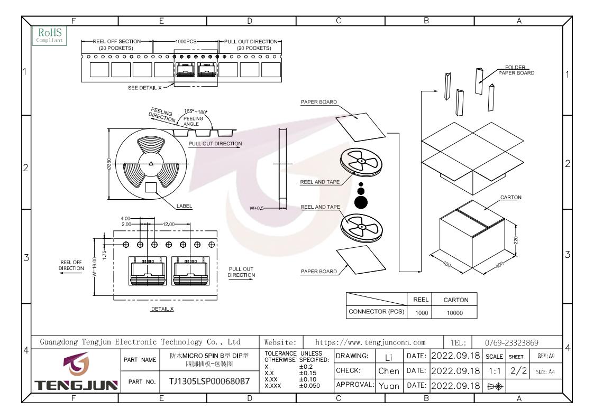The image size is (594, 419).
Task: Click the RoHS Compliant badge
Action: (x=50, y=35)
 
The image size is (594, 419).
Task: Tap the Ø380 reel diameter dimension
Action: (x=109, y=163)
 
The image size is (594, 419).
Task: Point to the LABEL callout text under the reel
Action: (x=184, y=206)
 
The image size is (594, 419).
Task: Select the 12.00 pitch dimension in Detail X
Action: (x=169, y=224)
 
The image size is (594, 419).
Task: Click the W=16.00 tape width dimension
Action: (x=95, y=267)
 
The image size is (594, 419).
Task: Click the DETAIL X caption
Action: (x=162, y=309)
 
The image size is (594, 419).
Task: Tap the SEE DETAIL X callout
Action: (x=145, y=88)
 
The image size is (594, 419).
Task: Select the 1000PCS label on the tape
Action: (x=186, y=41)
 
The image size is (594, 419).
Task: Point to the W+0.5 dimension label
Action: (x=257, y=208)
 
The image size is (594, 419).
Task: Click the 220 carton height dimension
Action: (x=516, y=240)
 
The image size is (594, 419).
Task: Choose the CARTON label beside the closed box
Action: (x=510, y=197)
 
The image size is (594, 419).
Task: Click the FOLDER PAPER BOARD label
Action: (x=516, y=70)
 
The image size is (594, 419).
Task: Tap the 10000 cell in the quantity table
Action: (x=454, y=313)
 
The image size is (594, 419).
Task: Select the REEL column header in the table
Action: (x=421, y=300)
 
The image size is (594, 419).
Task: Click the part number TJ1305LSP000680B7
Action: (x=209, y=381)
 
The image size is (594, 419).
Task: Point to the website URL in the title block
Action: (x=370, y=342)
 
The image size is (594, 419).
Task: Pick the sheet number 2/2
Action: (x=518, y=370)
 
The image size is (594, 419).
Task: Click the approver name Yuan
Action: (x=389, y=386)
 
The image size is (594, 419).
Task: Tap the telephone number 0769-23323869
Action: (x=511, y=342)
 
